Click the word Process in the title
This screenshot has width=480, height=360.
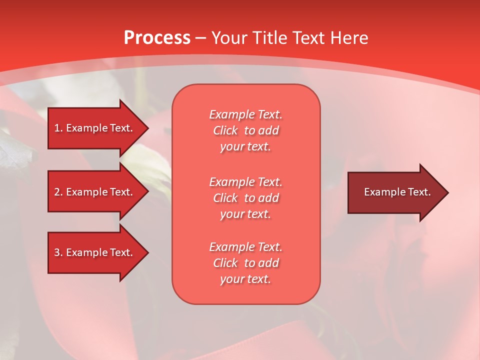pyautogui.click(x=157, y=38)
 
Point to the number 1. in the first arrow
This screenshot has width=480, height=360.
pyautogui.click(x=58, y=128)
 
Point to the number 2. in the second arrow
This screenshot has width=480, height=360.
pyautogui.click(x=58, y=192)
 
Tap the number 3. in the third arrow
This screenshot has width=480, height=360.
pyautogui.click(x=58, y=252)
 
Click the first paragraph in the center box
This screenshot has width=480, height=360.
pyautogui.click(x=245, y=130)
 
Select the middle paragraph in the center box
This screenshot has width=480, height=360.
pyautogui.click(x=245, y=197)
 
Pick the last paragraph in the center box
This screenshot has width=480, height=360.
pyautogui.click(x=245, y=263)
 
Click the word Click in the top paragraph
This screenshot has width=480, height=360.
pyautogui.click(x=225, y=130)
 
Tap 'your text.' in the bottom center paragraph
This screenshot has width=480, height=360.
pyautogui.click(x=245, y=279)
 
